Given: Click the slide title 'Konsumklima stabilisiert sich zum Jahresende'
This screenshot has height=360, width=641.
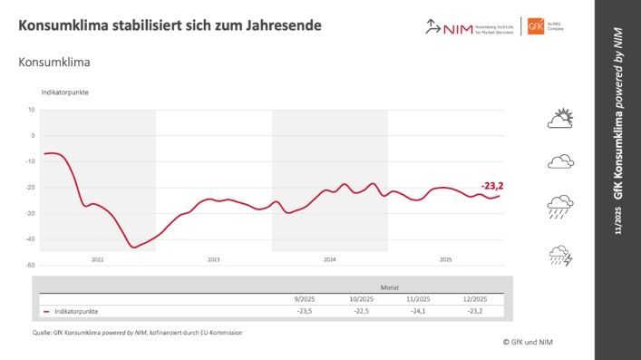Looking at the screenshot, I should (x=169, y=24).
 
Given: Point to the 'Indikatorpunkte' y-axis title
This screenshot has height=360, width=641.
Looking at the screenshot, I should (x=64, y=93).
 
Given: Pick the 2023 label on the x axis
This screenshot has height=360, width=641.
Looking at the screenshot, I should (x=213, y=259).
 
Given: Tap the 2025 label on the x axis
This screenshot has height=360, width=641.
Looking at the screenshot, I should (x=445, y=259).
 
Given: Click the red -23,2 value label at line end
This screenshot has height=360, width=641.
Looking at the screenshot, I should (x=492, y=186).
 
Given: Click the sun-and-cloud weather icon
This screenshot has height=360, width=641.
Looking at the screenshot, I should (x=560, y=119).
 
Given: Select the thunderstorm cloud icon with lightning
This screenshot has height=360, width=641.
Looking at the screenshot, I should (x=560, y=256).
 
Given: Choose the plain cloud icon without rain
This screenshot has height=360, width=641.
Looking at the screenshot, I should (x=560, y=162).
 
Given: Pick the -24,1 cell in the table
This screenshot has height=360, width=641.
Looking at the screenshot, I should (x=420, y=311).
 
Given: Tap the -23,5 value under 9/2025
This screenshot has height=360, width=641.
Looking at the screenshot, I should (x=304, y=311).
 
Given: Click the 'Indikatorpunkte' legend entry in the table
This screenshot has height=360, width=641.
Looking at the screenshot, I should (x=75, y=311).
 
